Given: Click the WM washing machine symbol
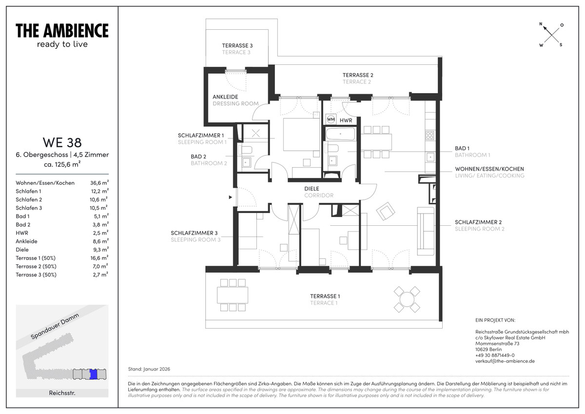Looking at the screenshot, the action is (331, 119).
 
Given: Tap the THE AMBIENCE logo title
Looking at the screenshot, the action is (62, 31).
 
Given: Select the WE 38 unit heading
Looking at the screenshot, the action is (62, 142).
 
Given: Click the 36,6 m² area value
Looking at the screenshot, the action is (99, 182).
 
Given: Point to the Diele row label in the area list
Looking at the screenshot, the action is (22, 250).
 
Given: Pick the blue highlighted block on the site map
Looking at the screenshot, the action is (93, 374).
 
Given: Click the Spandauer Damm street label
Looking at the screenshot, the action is (55, 326).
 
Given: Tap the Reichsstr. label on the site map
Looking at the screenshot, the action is (62, 393).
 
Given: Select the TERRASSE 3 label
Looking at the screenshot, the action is (237, 45).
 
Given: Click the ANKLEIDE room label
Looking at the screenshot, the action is (225, 97).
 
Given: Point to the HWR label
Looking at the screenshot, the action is (346, 120).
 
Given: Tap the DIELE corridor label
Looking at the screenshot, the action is (312, 189).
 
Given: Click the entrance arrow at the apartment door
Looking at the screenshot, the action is (230, 197).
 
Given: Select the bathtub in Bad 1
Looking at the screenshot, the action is (341, 134).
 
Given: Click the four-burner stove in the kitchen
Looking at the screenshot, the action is (430, 136).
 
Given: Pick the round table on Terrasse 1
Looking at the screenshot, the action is (407, 299).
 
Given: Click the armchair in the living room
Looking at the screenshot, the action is (386, 211).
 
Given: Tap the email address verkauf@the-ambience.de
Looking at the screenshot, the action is (505, 361).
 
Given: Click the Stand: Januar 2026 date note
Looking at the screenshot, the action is (149, 369).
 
